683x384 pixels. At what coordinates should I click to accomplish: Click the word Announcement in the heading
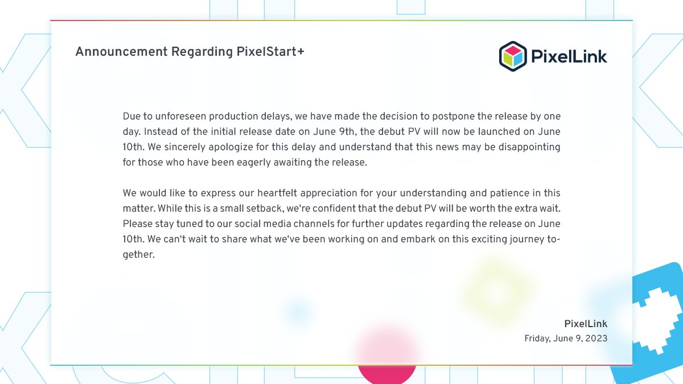coord(121,52)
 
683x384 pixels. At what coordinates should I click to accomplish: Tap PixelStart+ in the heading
coord(270,52)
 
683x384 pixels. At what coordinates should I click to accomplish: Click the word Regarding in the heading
coord(202,52)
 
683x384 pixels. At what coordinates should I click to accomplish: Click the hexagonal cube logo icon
coord(513,56)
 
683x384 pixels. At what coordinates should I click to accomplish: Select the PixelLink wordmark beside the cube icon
coord(569,56)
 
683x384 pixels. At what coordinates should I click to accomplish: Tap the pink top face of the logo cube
coord(513,50)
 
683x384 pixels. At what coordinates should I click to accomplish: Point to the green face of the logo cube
coord(507,59)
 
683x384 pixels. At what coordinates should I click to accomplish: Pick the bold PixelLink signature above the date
coord(586,324)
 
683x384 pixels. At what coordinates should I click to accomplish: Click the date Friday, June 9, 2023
coord(566,338)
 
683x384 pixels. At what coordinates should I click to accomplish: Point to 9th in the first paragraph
coord(346,131)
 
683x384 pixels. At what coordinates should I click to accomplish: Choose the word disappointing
coord(529,147)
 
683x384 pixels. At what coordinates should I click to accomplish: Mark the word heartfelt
coord(277,193)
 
